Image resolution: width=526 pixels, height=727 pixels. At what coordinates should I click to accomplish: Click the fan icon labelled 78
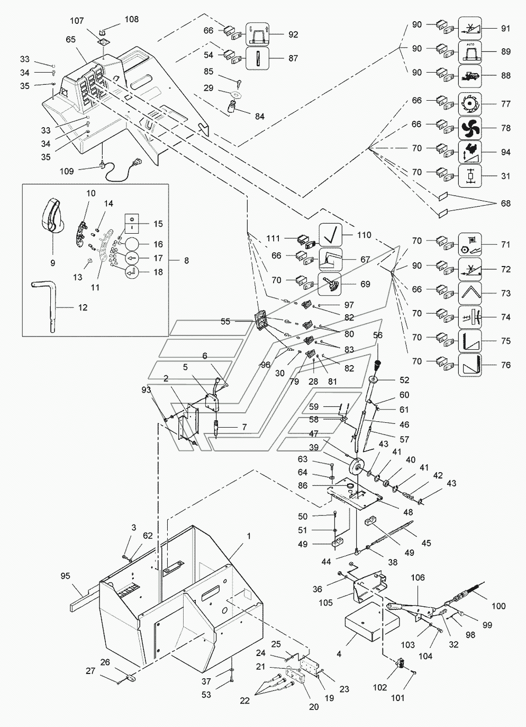click(x=470, y=128)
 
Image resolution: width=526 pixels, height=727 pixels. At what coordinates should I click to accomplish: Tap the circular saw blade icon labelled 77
click(x=470, y=104)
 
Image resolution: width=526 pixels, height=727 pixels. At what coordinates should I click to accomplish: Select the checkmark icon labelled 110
click(x=331, y=235)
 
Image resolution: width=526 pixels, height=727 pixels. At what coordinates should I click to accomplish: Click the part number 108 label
click(x=132, y=20)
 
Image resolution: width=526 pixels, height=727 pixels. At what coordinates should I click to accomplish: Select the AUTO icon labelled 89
click(x=470, y=52)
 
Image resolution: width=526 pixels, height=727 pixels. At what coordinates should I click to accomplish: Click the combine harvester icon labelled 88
click(x=470, y=76)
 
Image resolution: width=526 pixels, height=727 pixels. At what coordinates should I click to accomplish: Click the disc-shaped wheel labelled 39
click(x=356, y=468)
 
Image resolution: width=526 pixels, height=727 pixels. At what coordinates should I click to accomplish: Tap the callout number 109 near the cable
click(x=67, y=171)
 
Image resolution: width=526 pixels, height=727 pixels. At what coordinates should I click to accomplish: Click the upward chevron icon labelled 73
click(x=470, y=293)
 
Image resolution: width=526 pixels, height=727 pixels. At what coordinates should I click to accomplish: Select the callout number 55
click(x=225, y=321)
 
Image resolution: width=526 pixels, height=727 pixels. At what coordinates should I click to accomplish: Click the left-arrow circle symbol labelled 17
click(x=132, y=258)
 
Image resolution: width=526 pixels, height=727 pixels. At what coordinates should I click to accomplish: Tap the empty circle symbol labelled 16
click(x=132, y=244)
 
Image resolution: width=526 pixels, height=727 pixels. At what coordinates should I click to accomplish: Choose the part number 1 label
click(x=249, y=536)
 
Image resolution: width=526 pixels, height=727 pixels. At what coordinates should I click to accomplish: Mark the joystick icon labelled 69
click(x=329, y=284)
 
